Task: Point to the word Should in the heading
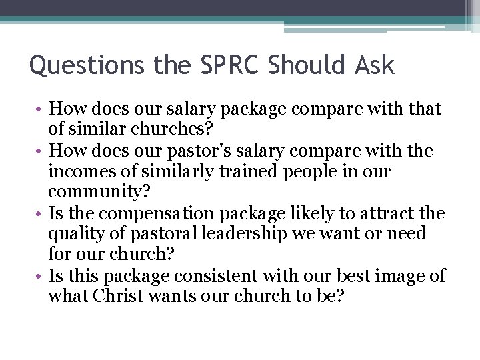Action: (299, 65)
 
